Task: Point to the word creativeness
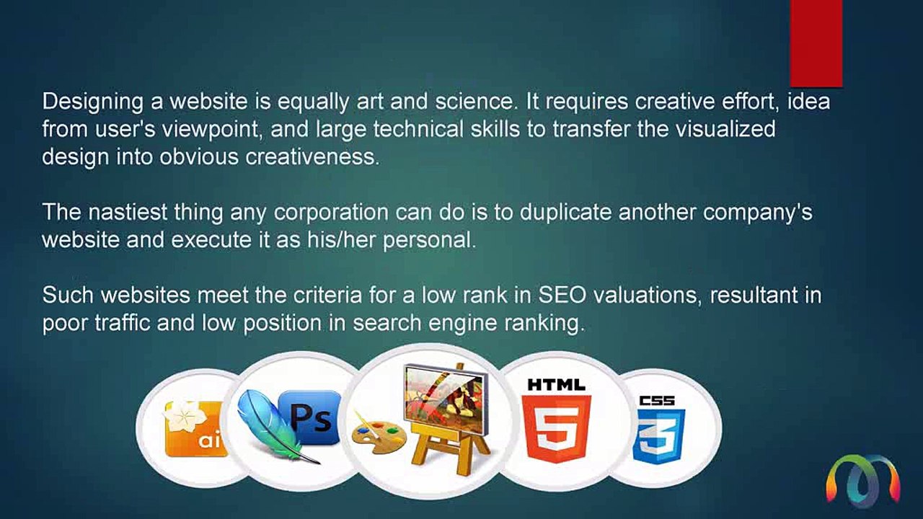pos(312,156)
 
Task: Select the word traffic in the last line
pos(123,323)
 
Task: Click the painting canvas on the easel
pos(444,396)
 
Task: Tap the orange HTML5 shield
pos(557,428)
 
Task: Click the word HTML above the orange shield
pos(557,385)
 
